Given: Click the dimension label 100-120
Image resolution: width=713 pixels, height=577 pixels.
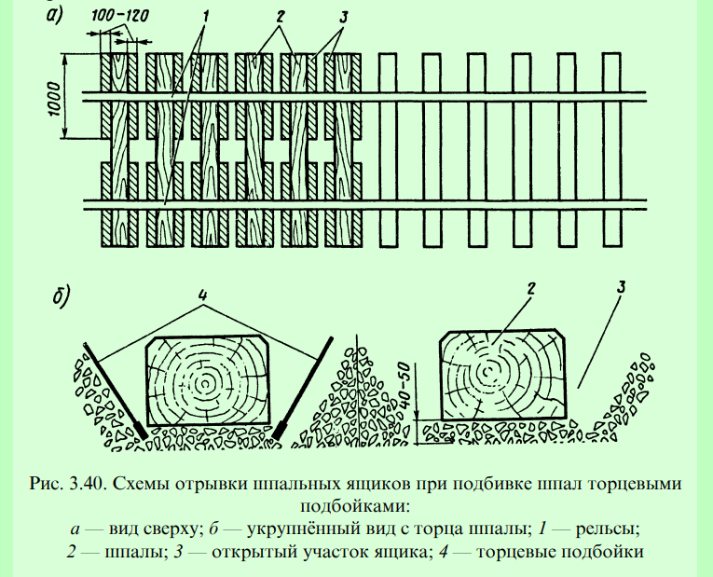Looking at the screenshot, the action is (119, 17).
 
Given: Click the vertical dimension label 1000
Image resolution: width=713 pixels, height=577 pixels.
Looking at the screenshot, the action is (54, 99).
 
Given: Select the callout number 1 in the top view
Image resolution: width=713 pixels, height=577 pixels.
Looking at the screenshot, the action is (205, 17).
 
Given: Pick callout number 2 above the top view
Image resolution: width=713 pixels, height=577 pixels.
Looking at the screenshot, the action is (280, 17).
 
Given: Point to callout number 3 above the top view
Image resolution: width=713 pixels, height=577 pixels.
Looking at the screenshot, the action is (343, 18).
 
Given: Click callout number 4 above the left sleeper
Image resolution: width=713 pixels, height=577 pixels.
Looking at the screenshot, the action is (202, 295).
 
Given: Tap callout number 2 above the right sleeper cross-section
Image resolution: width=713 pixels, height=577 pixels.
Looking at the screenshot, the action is (530, 289).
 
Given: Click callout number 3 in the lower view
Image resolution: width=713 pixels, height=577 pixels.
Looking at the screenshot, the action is (621, 287).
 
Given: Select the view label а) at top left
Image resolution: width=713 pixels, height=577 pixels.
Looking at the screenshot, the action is (55, 15).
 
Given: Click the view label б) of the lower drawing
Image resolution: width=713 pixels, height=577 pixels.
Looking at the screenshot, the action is (61, 296).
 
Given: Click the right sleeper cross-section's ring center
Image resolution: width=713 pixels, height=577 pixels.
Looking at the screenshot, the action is (487, 372).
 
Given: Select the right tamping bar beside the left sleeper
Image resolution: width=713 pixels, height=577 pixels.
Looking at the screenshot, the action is (302, 388).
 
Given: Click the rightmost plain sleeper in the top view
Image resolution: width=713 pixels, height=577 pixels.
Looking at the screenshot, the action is (611, 150).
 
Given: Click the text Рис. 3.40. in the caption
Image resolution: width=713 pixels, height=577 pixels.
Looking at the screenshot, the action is (68, 483).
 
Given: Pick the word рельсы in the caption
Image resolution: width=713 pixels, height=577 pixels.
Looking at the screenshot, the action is (608, 529).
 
